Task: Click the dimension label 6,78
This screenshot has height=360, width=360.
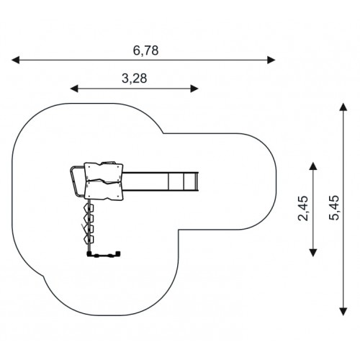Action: coord(145,50)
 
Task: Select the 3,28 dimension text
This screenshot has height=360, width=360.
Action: coord(134,78)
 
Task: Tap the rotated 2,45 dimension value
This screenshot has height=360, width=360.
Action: coord(302,208)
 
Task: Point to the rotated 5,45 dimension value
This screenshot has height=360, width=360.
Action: coord(334,207)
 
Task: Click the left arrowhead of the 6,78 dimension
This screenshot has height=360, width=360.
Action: coord(15,60)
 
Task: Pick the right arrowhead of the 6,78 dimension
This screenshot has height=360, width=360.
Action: coord(271,60)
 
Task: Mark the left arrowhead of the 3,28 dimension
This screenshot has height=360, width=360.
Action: coord(74,89)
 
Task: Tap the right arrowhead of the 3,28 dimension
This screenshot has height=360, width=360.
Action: coord(194,89)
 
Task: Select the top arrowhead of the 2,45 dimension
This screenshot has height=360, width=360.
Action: coord(312,166)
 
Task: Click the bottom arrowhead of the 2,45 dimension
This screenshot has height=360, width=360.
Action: coord(312,253)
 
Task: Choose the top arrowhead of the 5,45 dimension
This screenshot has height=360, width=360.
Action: coord(343,107)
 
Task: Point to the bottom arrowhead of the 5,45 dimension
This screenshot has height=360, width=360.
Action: coord(343,312)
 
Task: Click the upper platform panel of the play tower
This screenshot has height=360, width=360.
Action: coord(104,171)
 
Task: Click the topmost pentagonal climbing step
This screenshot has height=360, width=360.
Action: coord(89,207)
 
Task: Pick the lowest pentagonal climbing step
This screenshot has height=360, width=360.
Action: coord(89,240)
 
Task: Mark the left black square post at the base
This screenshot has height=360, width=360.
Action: coord(89,253)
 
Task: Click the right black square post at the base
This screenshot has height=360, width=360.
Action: coord(118,253)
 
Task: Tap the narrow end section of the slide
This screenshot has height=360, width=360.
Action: coord(191,181)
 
